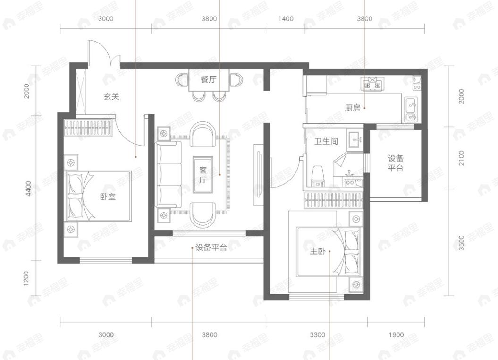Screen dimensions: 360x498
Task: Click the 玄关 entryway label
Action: tap(111, 96)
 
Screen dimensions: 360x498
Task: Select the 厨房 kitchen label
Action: tap(352, 108)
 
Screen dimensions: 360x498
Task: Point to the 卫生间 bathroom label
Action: tap(326, 141)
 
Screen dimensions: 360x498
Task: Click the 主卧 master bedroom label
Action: tap(318, 251)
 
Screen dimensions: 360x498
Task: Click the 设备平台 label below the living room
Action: tap(211, 248)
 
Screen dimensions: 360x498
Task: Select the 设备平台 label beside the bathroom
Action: tap(396, 163)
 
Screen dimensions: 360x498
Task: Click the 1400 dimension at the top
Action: tap(286, 19)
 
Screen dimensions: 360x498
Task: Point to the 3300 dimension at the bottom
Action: tap(317, 335)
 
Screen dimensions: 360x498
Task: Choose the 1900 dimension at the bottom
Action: tap(396, 335)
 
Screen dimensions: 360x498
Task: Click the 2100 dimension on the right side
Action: tap(461, 158)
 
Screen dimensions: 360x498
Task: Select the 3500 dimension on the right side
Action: tap(461, 242)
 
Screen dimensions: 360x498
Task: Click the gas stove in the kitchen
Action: tap(371, 85)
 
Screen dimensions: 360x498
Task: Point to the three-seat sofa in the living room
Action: tap(169, 175)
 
